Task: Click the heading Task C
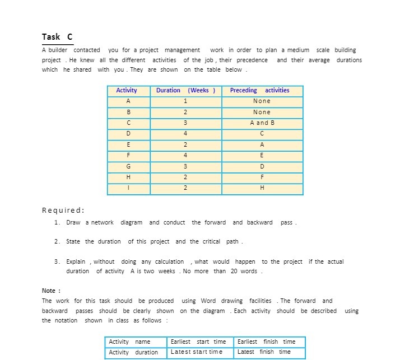pyautogui.click(x=57, y=37)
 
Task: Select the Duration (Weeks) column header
pyautogui.click(x=185, y=90)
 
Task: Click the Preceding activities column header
pyautogui.click(x=262, y=90)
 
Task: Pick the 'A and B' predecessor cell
pyautogui.click(x=262, y=123)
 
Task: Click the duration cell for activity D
pyautogui.click(x=185, y=133)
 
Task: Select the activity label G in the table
pyautogui.click(x=128, y=166)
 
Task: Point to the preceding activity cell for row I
pyautogui.click(x=262, y=188)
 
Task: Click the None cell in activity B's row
pyautogui.click(x=262, y=112)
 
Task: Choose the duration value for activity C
pyautogui.click(x=185, y=123)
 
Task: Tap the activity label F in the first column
pyautogui.click(x=128, y=155)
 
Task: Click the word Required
pyautogui.click(x=63, y=211)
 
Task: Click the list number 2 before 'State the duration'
pyautogui.click(x=57, y=242)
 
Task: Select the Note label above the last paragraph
pyautogui.click(x=51, y=291)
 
